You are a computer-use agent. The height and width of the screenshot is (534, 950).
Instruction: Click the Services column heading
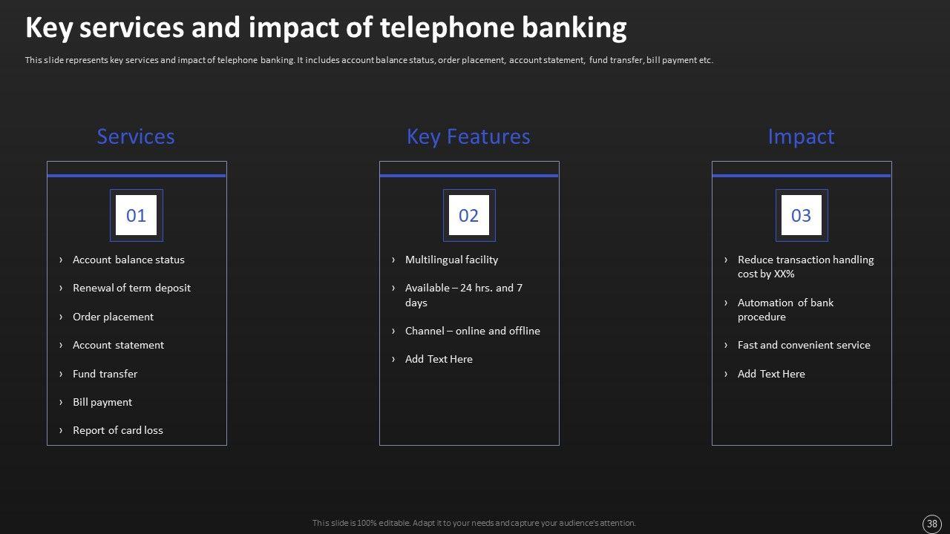[136, 136]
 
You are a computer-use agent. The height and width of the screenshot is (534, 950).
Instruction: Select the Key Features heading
[468, 137]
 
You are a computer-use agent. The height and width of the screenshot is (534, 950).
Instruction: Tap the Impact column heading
[801, 137]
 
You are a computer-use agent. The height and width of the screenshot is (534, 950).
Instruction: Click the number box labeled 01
[136, 215]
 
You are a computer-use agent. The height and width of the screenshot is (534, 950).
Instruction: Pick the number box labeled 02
[469, 215]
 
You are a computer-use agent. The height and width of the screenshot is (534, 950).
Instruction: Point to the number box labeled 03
[802, 215]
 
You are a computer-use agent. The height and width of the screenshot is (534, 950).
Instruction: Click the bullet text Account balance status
[128, 260]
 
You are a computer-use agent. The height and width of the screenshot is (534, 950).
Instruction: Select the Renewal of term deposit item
[131, 289]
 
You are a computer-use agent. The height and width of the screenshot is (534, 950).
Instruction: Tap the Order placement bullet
[114, 317]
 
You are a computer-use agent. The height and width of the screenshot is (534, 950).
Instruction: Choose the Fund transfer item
[105, 374]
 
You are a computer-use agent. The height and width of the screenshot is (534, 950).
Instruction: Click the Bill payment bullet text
[102, 402]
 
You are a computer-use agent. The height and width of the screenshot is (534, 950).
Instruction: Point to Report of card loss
[118, 430]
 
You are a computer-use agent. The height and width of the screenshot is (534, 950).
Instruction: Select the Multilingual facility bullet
[452, 260]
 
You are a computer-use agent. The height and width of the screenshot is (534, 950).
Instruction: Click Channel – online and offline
[473, 331]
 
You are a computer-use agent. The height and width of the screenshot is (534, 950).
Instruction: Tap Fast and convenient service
[804, 345]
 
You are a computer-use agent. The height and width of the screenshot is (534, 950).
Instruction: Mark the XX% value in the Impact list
[784, 274]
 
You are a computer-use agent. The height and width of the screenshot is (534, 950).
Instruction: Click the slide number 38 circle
[931, 524]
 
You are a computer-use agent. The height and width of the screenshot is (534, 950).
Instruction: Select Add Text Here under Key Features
[439, 359]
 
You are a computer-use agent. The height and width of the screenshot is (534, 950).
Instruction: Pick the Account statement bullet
[118, 345]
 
